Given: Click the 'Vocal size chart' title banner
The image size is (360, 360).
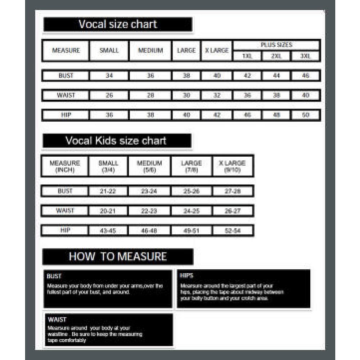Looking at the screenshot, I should point(118,24).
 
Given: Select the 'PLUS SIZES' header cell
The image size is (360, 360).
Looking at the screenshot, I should point(276,45).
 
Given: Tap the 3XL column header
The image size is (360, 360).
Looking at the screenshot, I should point(305,56).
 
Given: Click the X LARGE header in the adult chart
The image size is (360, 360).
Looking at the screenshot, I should point(217,50).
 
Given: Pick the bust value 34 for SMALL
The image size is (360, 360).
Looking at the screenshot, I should point(109,76).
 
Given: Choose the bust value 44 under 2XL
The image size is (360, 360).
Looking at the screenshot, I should point(276,76).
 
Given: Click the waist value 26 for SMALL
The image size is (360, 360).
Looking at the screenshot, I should point(109,95).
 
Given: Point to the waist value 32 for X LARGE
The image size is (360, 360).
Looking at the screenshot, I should point(217,95).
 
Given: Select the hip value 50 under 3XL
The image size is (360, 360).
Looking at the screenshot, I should point(305,115).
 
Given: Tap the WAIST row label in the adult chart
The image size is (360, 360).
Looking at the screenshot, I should point(66,95).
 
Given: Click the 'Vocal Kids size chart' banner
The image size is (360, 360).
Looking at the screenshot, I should point(116,141).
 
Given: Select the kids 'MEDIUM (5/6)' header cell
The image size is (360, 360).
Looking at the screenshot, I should point(149,166).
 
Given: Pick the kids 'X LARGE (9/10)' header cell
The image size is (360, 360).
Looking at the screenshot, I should point(233,166).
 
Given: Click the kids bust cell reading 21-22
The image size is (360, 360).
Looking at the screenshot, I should point(108,191).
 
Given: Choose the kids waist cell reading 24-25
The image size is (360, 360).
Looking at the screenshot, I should point(192,211).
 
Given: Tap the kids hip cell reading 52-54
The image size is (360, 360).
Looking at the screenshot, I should point(233,231).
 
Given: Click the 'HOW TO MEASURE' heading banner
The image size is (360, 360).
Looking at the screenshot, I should point(118,257).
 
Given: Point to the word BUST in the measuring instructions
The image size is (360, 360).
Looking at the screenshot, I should point(54,276).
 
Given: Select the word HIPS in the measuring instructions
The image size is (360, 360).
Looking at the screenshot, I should point(187,276).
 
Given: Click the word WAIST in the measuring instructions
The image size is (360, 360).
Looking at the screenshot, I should point(57,319).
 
